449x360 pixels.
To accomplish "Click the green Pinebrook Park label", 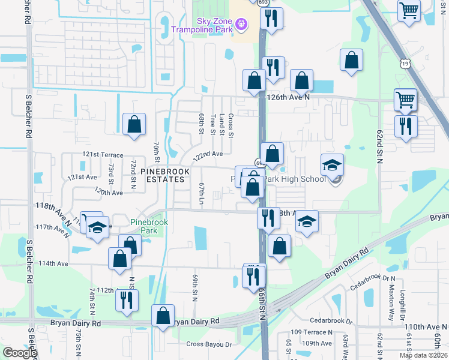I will [x=149, y=226].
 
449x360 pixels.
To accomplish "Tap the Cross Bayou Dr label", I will [x=208, y=344].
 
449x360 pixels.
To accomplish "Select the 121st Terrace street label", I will [x=98, y=154].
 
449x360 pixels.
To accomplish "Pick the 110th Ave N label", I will [x=426, y=327].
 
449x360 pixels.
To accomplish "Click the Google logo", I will [x=19, y=353].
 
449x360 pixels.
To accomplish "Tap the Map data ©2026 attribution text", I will [x=423, y=355].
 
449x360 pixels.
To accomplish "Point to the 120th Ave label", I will [x=109, y=193].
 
